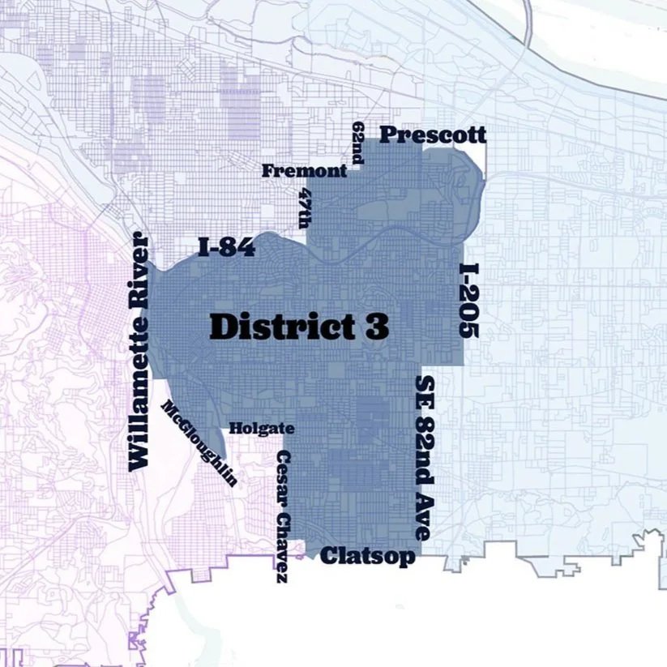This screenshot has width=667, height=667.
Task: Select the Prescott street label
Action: point(433,135)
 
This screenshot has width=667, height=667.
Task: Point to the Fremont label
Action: point(304,171)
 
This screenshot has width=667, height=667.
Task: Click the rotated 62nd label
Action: point(358,143)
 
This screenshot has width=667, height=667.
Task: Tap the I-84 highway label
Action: point(227,248)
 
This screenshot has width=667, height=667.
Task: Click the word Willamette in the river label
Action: point(140,388)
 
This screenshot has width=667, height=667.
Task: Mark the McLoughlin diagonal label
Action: point(201,443)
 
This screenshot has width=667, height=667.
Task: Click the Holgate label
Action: point(262,428)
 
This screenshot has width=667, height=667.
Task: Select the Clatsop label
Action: point(368,556)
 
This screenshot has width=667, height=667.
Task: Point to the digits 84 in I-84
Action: point(238,248)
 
